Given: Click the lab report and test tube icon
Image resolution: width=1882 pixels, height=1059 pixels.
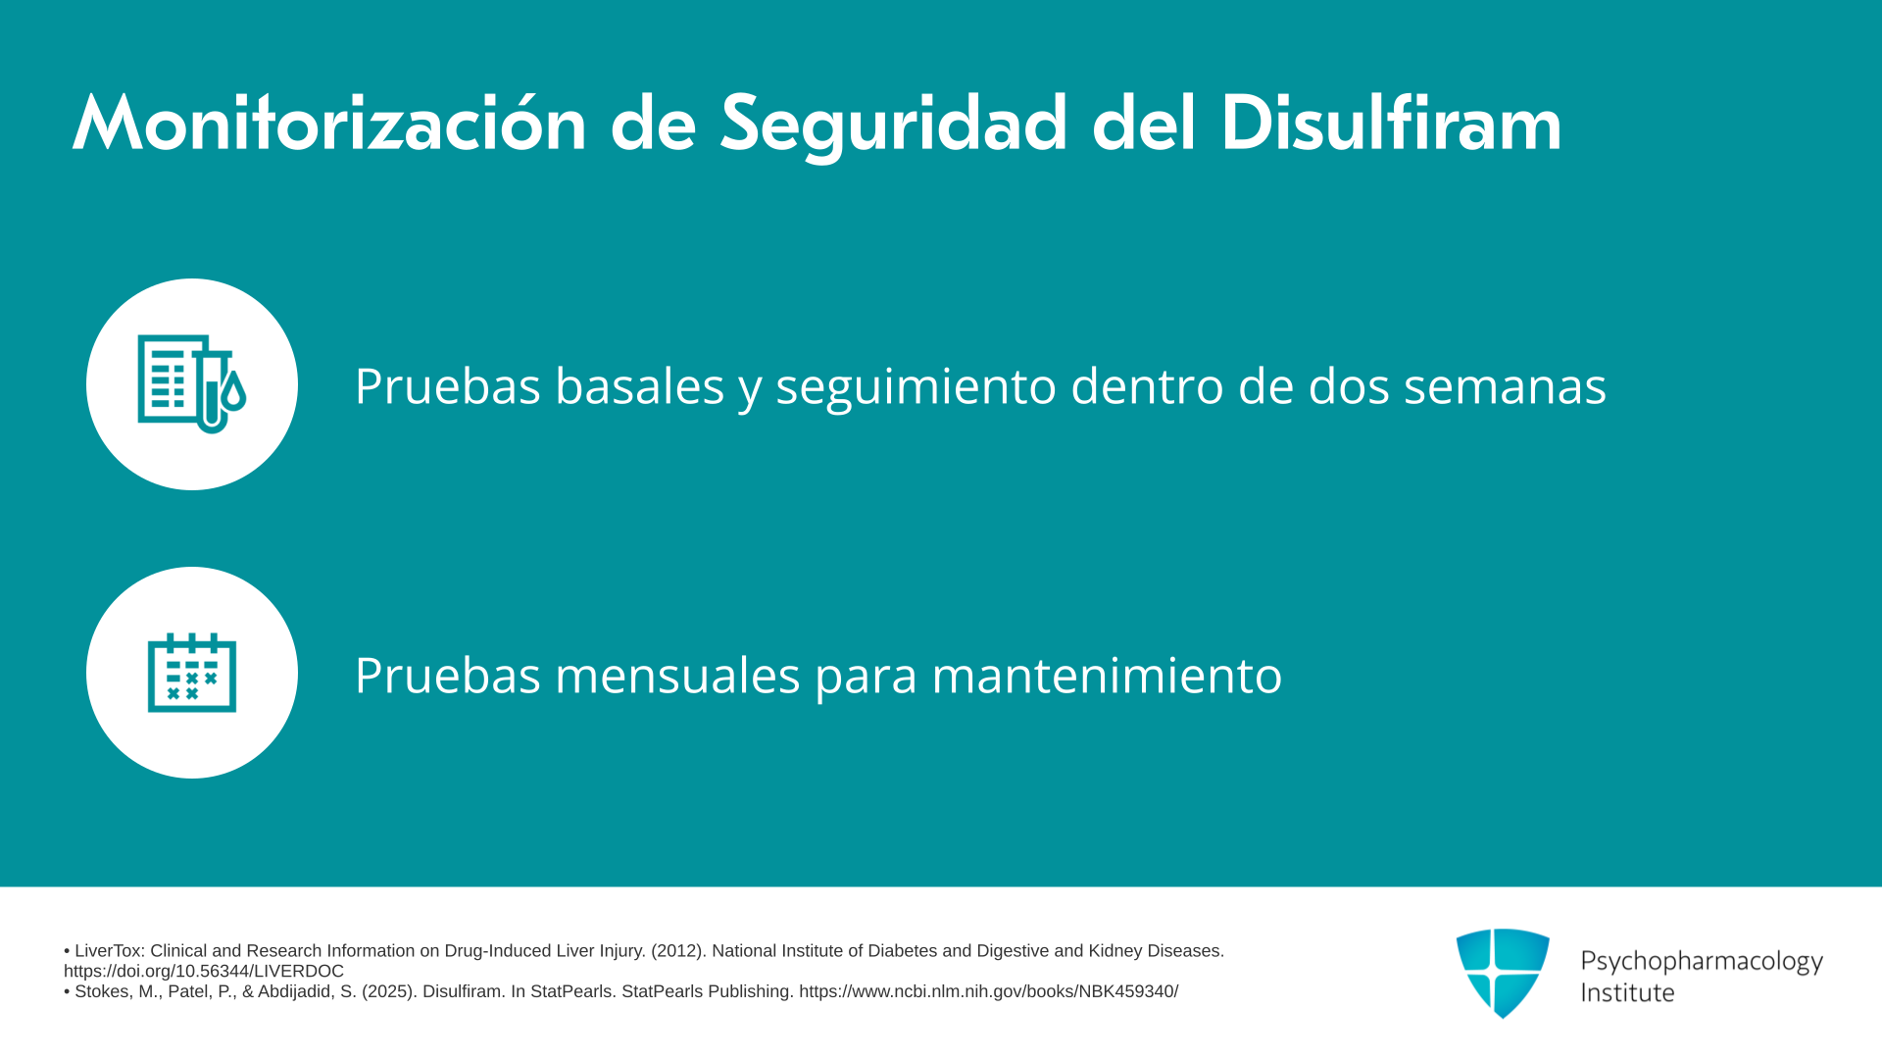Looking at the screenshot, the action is click(x=192, y=384).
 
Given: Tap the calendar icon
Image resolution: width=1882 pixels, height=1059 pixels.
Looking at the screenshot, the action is click(x=192, y=673).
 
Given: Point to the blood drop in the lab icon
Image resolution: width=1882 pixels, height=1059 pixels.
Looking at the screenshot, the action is click(x=233, y=390).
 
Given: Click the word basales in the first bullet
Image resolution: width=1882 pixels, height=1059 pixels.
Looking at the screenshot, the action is click(x=640, y=385).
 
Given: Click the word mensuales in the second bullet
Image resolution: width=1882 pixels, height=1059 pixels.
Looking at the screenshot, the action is click(x=677, y=675).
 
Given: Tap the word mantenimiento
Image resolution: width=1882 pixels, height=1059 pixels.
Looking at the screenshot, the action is click(x=1107, y=675).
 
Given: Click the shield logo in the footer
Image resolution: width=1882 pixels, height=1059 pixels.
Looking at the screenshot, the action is click(x=1503, y=973).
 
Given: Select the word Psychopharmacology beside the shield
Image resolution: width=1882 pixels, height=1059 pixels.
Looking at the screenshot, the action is click(x=1702, y=962).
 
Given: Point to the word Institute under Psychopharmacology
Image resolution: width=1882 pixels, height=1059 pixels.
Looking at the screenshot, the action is click(x=1627, y=992).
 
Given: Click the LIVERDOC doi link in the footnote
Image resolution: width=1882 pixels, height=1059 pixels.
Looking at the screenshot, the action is click(x=204, y=971).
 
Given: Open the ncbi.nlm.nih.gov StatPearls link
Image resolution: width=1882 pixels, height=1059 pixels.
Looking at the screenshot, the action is click(x=988, y=991).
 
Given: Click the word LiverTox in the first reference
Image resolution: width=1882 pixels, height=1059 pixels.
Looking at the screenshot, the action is click(x=110, y=951).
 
